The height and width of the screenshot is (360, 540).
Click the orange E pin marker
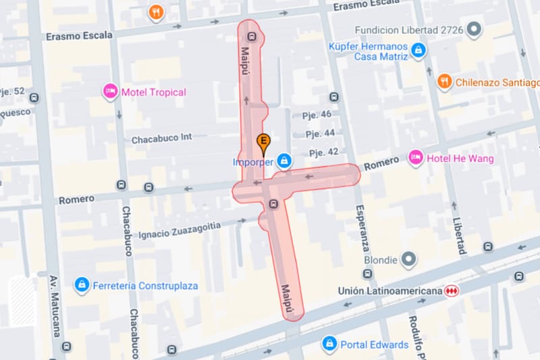(264, 143)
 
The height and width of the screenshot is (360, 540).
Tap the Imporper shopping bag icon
(285, 161)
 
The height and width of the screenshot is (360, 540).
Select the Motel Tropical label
(153, 92)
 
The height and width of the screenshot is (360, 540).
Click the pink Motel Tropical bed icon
(110, 91)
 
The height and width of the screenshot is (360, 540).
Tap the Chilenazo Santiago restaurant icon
(444, 82)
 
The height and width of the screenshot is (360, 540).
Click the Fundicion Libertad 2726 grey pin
(475, 30)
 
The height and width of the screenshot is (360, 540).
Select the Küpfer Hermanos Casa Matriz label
(368, 51)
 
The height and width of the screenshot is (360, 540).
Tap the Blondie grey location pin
(408, 259)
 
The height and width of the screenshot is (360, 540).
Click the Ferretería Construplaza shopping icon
(82, 285)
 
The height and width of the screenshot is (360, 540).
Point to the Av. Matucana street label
(55, 307)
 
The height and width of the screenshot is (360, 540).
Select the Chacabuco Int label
(162, 138)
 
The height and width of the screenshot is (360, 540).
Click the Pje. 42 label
(323, 152)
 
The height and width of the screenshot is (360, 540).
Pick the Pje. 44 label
(320, 134)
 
